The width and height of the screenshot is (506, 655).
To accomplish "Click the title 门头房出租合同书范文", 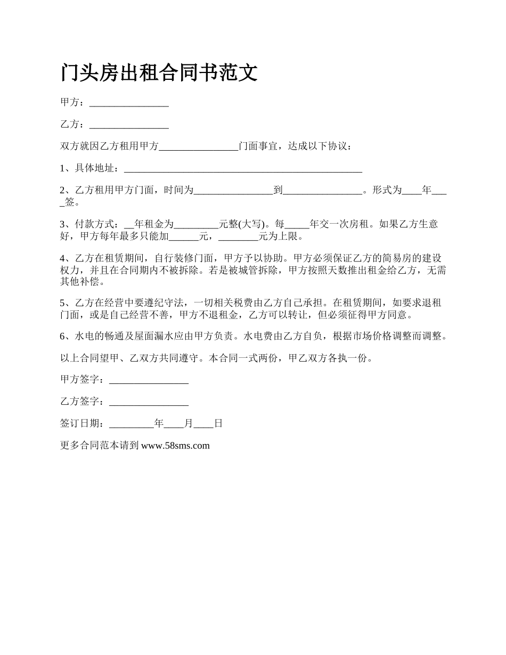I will coord(159,72).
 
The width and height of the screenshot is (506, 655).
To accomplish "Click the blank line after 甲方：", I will coord(129,103).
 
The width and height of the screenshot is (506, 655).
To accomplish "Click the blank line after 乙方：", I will coord(129,125).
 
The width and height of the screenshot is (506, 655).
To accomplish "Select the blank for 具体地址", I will coord(242,169).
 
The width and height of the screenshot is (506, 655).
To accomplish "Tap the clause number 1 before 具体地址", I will coord(62,168).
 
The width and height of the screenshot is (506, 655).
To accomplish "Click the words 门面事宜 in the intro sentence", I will coord(258,146).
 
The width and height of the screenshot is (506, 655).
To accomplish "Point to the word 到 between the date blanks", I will coord(278,190).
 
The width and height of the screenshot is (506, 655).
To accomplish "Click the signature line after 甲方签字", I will coord(148,380).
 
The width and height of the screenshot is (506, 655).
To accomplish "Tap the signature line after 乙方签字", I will coord(148,402).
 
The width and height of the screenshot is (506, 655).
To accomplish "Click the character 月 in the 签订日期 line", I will coord(188,424).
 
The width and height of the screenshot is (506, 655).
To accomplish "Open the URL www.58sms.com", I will coord(175,446).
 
